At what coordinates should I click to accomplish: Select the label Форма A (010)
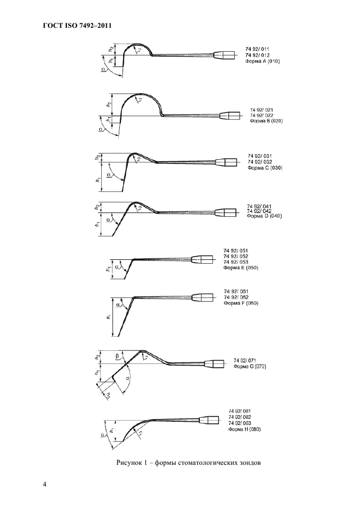[x=263, y=62]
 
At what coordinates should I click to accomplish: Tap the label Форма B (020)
[x=266, y=121]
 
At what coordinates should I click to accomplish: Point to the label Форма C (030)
[x=265, y=168]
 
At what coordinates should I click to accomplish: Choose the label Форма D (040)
[x=264, y=216]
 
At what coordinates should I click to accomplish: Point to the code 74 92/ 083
[x=241, y=423]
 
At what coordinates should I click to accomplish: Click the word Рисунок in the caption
[x=129, y=463]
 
